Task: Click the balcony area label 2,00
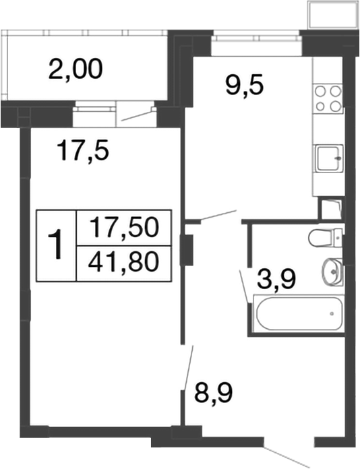76,69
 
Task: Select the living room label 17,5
83,150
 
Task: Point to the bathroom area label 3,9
277,278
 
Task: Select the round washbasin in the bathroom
332,272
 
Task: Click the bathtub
297,313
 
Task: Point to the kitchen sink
328,160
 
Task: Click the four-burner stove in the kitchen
328,98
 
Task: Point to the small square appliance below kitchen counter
330,208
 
